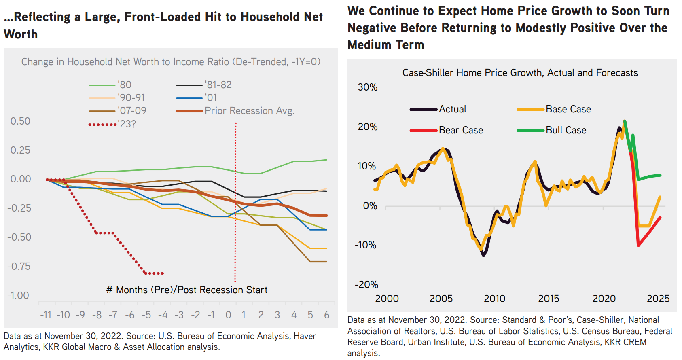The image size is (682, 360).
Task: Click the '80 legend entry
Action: pyautogui.click(x=125, y=85)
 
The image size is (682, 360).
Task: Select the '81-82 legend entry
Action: pyautogui.click(x=218, y=85)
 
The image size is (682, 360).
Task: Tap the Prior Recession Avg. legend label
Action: pyautogui.click(x=250, y=111)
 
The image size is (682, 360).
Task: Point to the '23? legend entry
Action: pyautogui.click(x=127, y=124)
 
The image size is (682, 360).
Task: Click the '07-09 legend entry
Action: pyautogui.click(x=132, y=111)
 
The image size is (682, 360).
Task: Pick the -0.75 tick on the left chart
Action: pyautogui.click(x=19, y=267)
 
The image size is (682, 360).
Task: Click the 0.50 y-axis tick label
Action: pyautogui.click(x=20, y=121)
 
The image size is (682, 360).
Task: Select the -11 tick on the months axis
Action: pyautogui.click(x=45, y=315)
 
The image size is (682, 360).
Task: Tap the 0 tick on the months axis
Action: pyautogui.click(x=228, y=315)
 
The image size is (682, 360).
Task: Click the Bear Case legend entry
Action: pyautogui.click(x=461, y=130)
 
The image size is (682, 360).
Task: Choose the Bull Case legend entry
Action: pyautogui.click(x=566, y=130)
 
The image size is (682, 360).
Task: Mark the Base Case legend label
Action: pyautogui.click(x=568, y=109)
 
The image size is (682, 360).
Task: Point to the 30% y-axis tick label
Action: pyautogui.click(x=367, y=87)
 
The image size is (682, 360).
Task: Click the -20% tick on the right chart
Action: pyautogui.click(x=366, y=285)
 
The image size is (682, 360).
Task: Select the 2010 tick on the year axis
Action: pyautogui.click(x=494, y=299)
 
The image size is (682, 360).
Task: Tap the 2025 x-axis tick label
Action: pyautogui.click(x=658, y=299)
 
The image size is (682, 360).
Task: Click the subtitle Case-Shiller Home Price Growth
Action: pyautogui.click(x=520, y=73)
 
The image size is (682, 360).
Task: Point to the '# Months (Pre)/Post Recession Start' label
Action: pyautogui.click(x=186, y=290)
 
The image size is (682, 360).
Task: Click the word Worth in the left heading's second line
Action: pyautogui.click(x=21, y=34)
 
